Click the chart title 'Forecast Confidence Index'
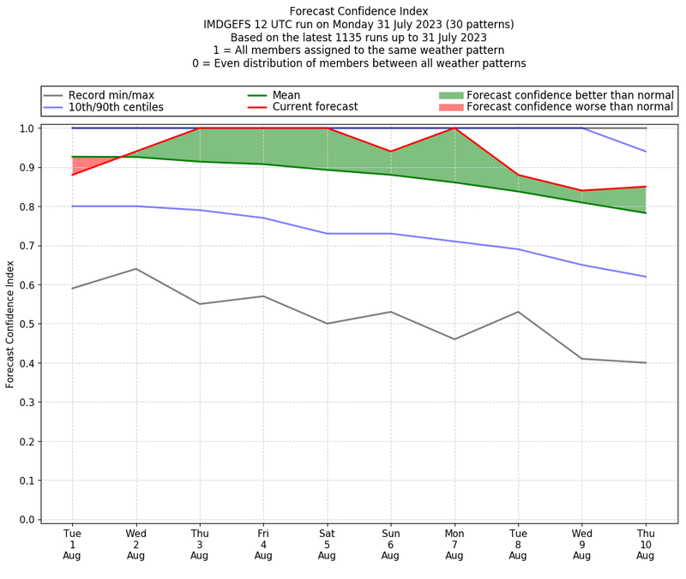coord(358,11)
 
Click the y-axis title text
coord(11,324)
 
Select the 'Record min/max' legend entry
coord(111,95)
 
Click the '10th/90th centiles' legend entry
coord(116,107)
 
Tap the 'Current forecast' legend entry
coord(315,107)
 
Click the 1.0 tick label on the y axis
coord(26,128)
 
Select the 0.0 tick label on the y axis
coord(26,519)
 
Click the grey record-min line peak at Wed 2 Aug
coord(135,269)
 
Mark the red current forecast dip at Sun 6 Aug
coord(390,152)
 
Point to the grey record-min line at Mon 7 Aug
coord(454,339)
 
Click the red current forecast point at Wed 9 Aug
coord(581,191)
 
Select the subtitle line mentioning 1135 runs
coord(358,38)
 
